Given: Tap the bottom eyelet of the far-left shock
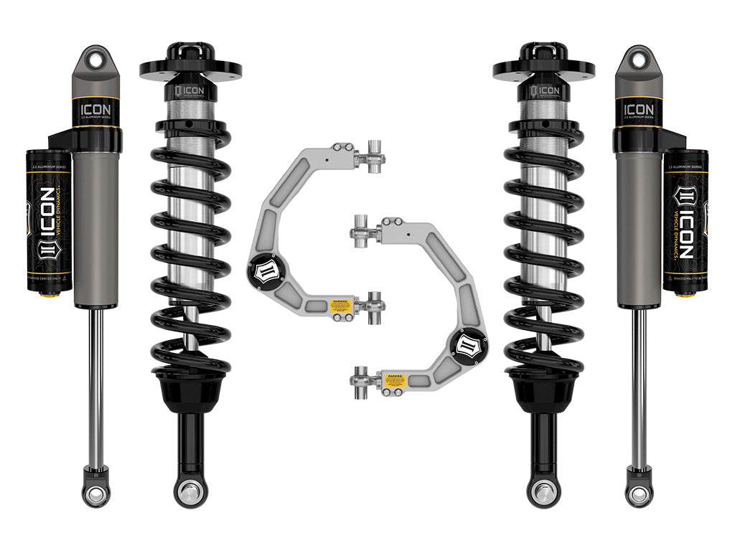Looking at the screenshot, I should point(95,494).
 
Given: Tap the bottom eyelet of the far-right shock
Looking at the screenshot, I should point(639,494).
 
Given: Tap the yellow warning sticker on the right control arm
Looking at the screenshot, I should point(394,380).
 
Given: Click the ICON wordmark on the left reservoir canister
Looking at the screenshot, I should point(45,222).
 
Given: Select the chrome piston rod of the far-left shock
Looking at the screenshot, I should point(95,387).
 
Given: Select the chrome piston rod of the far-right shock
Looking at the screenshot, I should point(639,387).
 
